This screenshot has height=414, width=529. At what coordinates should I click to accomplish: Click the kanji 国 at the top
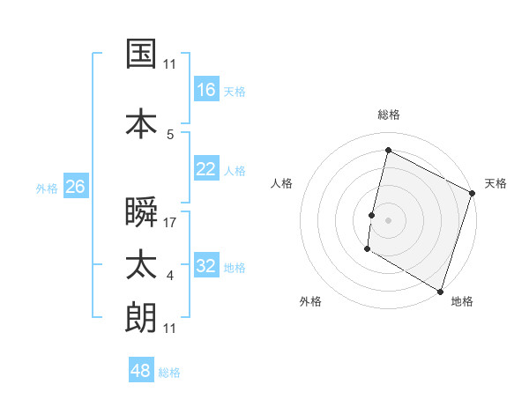click(x=141, y=55)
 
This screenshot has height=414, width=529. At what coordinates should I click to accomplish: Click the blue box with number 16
click(x=206, y=90)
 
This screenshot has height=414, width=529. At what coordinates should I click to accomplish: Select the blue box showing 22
click(x=206, y=169)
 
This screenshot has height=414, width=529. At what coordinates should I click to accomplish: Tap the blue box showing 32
click(x=206, y=266)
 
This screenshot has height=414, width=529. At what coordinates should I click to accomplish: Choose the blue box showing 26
click(x=75, y=187)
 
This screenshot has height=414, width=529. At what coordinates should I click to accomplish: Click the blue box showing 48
click(x=141, y=371)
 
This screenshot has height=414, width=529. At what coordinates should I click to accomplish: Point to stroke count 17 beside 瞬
click(x=170, y=223)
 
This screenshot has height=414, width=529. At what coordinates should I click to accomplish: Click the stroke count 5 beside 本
click(x=170, y=134)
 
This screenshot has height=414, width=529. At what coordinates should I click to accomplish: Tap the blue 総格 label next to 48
click(x=169, y=373)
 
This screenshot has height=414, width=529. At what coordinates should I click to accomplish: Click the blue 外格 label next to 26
click(x=47, y=188)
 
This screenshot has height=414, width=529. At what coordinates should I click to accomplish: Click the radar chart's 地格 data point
click(x=440, y=291)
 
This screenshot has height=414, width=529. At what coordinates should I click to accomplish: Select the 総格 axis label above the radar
click(x=389, y=115)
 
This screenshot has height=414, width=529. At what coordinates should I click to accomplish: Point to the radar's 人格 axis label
click(x=282, y=183)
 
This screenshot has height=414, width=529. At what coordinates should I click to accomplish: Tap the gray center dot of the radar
click(x=388, y=219)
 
